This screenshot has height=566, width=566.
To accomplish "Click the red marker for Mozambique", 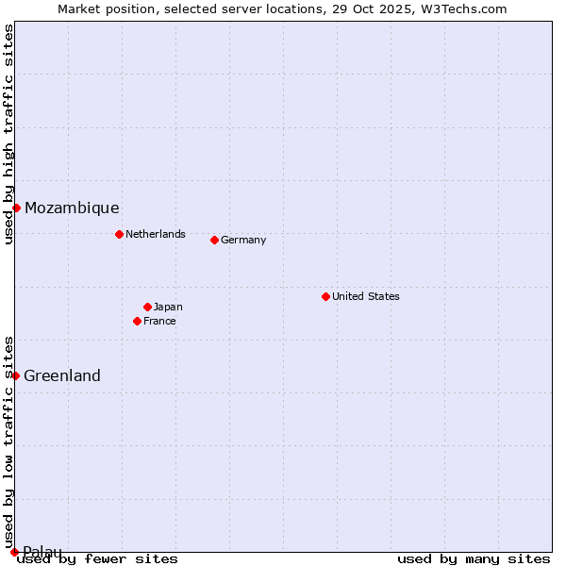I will pyautogui.click(x=16, y=208).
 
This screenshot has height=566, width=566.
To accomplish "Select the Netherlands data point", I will pyautogui.click(x=119, y=234).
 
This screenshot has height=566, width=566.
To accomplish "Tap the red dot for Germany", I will pyautogui.click(x=214, y=240).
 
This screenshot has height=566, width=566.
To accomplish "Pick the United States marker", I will pyautogui.click(x=325, y=296).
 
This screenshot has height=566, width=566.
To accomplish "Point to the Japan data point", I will pyautogui.click(x=147, y=307).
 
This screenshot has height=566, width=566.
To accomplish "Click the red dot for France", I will pyautogui.click(x=137, y=321).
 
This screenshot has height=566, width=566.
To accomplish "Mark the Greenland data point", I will pyautogui.click(x=15, y=375).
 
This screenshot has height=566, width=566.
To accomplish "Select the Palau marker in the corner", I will pyautogui.click(x=14, y=551).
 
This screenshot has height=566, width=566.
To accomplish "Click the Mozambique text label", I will pyautogui.click(x=72, y=208).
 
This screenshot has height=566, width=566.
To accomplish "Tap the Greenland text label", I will pyautogui.click(x=62, y=375).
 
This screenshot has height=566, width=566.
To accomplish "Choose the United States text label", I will pyautogui.click(x=366, y=296).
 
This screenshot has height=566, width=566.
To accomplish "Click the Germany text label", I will pyautogui.click(x=243, y=240).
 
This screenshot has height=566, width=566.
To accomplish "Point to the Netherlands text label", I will pyautogui.click(x=156, y=234).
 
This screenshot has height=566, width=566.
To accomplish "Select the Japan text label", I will pyautogui.click(x=168, y=307).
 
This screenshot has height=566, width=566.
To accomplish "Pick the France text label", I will pyautogui.click(x=159, y=321).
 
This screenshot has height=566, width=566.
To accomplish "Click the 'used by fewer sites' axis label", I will pyautogui.click(x=98, y=558).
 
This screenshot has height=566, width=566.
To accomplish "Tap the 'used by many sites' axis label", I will pyautogui.click(x=474, y=558).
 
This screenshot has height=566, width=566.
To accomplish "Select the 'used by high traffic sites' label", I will pyautogui.click(x=8, y=134).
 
